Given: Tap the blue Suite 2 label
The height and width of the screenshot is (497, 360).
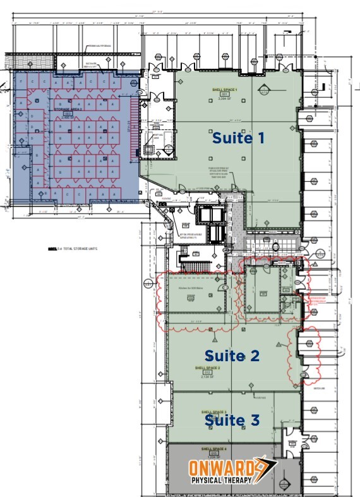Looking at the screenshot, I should (231, 356).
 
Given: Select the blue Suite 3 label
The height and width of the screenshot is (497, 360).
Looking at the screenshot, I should (231, 419).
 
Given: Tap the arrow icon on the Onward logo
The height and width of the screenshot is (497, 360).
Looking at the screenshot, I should (261, 469).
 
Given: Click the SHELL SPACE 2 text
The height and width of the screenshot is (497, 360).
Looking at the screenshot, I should (207, 367).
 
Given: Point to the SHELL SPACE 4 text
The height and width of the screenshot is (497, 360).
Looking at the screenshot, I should (213, 449).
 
